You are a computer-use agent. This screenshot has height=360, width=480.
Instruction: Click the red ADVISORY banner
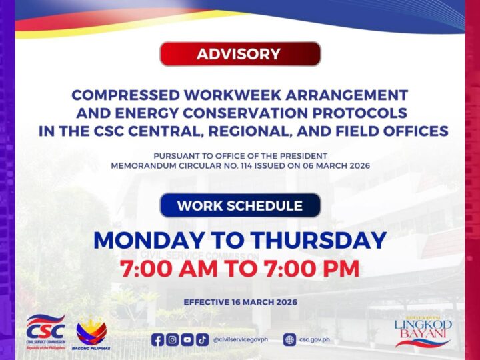pos(240,54)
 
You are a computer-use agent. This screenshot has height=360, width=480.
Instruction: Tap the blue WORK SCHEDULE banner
pos(240,205)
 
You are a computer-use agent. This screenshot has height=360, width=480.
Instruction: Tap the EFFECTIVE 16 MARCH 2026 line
pos(240,302)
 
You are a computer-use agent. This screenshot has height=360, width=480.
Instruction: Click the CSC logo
pos(45,331)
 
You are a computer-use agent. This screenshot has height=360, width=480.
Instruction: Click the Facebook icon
pos(158,339)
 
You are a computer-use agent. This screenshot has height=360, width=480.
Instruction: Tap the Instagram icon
pos(173,339)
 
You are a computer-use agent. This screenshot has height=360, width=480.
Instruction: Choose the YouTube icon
pos(187,339)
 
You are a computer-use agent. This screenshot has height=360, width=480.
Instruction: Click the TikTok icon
pos(202,339)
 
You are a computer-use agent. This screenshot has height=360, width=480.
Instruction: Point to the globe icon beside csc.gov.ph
pos(289,339)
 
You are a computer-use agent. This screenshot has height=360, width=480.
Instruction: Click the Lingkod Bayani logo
pos(422,331)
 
